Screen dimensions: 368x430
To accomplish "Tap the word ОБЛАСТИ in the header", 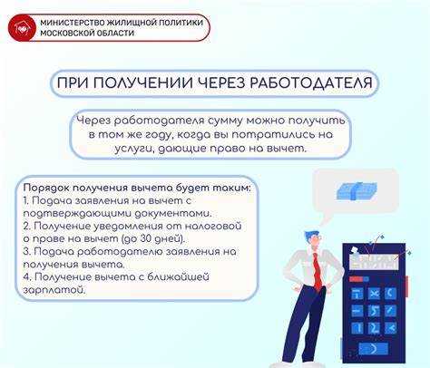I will [112, 34].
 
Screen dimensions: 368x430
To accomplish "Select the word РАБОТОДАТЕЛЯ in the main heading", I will [308, 84].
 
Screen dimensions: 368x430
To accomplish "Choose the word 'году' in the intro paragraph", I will [141, 133].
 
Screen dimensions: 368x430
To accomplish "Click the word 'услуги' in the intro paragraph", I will [111, 148].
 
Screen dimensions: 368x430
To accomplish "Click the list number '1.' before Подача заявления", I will [28, 199].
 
